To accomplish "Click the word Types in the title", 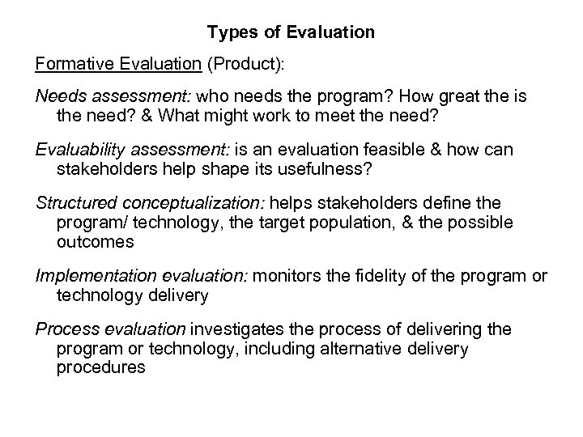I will pos(228,33).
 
